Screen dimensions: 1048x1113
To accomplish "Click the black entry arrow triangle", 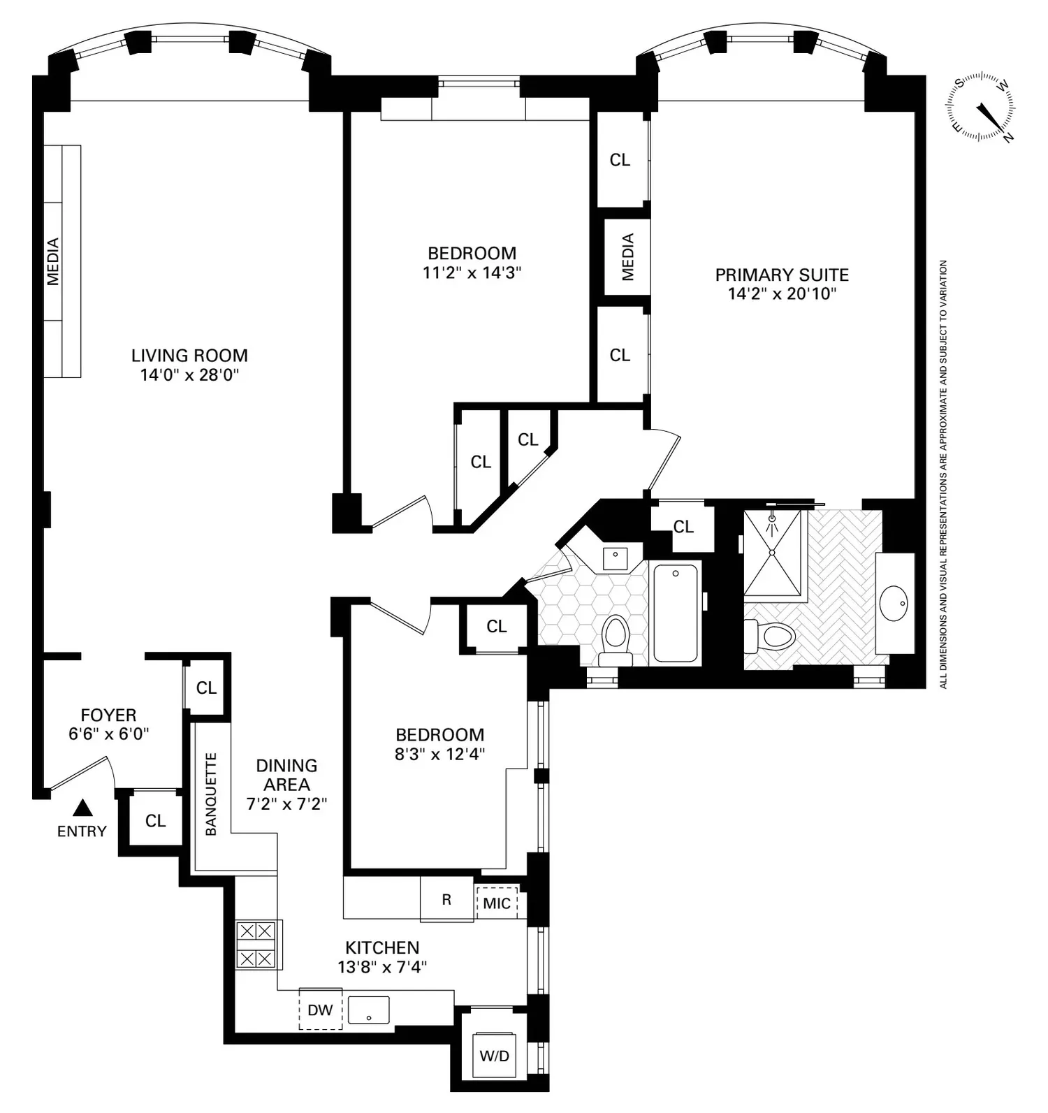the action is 83,808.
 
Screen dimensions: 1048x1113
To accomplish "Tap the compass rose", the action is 982,108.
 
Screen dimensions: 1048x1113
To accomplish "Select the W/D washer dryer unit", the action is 494,1055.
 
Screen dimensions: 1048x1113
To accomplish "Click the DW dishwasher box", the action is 321,1010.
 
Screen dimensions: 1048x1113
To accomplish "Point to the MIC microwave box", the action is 497,903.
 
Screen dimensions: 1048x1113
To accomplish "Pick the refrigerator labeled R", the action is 446,899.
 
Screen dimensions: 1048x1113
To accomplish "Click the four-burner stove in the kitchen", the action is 255,944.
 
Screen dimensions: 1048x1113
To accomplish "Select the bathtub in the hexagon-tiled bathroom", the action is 676,613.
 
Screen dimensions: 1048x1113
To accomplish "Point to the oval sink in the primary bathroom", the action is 894,603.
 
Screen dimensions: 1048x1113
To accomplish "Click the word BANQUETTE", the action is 211,794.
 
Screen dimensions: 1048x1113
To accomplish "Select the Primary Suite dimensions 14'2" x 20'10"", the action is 782,293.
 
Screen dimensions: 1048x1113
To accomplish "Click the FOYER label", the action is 108,715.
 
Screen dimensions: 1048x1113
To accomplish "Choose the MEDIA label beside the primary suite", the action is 627,257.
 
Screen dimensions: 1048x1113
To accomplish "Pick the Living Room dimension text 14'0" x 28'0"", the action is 189,375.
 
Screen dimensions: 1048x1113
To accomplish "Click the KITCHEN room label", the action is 382,947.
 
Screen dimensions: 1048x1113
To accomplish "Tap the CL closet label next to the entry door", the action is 155,821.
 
